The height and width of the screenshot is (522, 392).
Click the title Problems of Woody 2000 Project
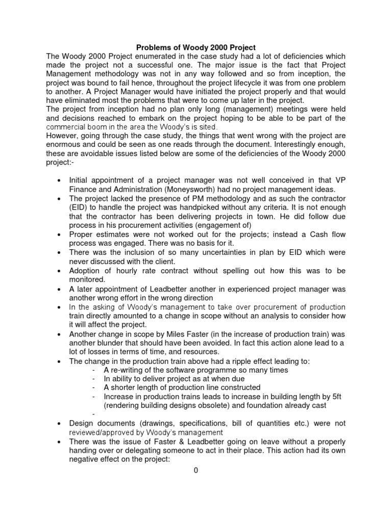point(195,47)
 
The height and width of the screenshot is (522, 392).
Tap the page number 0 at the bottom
point(195,471)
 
